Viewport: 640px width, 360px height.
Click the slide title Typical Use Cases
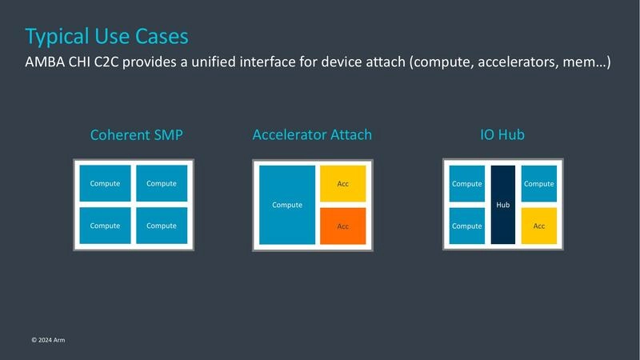(x=107, y=36)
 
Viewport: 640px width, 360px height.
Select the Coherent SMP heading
(x=136, y=135)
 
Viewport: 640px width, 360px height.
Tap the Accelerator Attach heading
(x=312, y=134)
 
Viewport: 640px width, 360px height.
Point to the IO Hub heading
(x=502, y=134)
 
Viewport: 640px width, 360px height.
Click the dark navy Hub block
(x=502, y=205)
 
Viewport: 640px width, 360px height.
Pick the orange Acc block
(x=342, y=226)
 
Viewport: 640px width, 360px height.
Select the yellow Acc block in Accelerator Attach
(x=342, y=184)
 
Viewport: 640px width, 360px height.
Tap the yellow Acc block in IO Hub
(x=538, y=226)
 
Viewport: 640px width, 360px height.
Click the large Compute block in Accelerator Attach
(x=287, y=205)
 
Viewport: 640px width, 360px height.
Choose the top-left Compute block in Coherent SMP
(x=105, y=184)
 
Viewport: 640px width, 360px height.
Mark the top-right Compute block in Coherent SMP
(x=162, y=184)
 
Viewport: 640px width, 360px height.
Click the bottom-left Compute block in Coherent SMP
(x=105, y=226)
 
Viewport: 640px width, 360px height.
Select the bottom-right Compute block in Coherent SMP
(x=162, y=226)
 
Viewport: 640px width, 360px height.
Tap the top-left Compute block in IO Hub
(x=467, y=184)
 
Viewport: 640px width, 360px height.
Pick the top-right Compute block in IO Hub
(x=538, y=184)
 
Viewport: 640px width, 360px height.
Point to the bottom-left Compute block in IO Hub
(x=467, y=226)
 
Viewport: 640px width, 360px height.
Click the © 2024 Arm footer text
(x=48, y=340)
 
